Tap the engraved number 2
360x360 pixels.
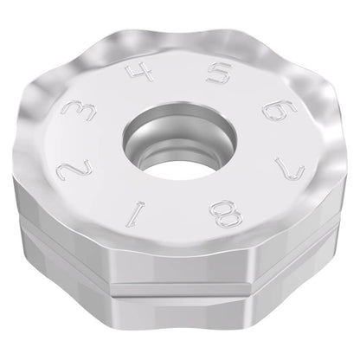[x=74, y=170]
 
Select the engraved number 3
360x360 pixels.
[x=80, y=111]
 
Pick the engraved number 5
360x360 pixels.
[x=219, y=73]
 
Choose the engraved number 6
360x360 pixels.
[x=280, y=110]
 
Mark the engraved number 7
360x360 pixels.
[x=289, y=169]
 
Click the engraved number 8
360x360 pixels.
[x=226, y=214]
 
